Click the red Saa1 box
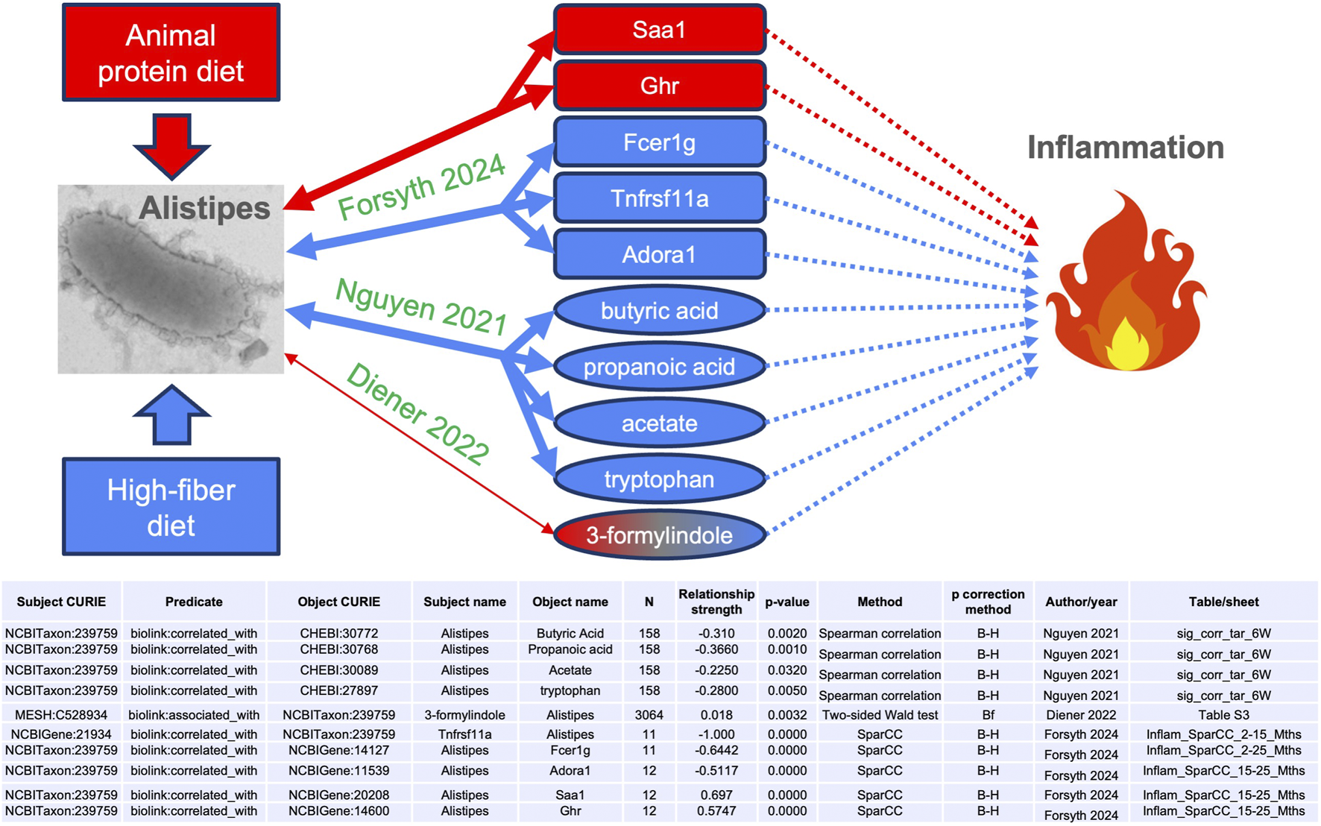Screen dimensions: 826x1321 659,30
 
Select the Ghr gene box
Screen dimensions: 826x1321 659,86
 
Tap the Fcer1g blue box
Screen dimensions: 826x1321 659,142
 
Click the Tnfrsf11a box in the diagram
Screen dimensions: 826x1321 659,198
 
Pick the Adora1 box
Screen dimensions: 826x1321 659,255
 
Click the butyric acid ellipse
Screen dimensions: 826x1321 659,311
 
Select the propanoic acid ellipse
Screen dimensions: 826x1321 659,367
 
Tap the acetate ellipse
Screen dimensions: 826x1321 659,423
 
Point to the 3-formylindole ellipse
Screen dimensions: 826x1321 659,535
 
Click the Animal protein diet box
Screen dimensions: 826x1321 171,53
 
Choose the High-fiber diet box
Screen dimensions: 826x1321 171,507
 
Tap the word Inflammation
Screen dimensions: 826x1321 1125,147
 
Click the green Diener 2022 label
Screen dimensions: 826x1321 417,414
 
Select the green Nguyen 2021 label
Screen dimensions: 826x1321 421,306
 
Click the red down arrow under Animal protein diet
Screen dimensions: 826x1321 171,145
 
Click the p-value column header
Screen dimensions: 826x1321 786,602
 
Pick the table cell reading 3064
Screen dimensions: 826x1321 649,714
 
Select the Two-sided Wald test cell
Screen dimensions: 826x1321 880,714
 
